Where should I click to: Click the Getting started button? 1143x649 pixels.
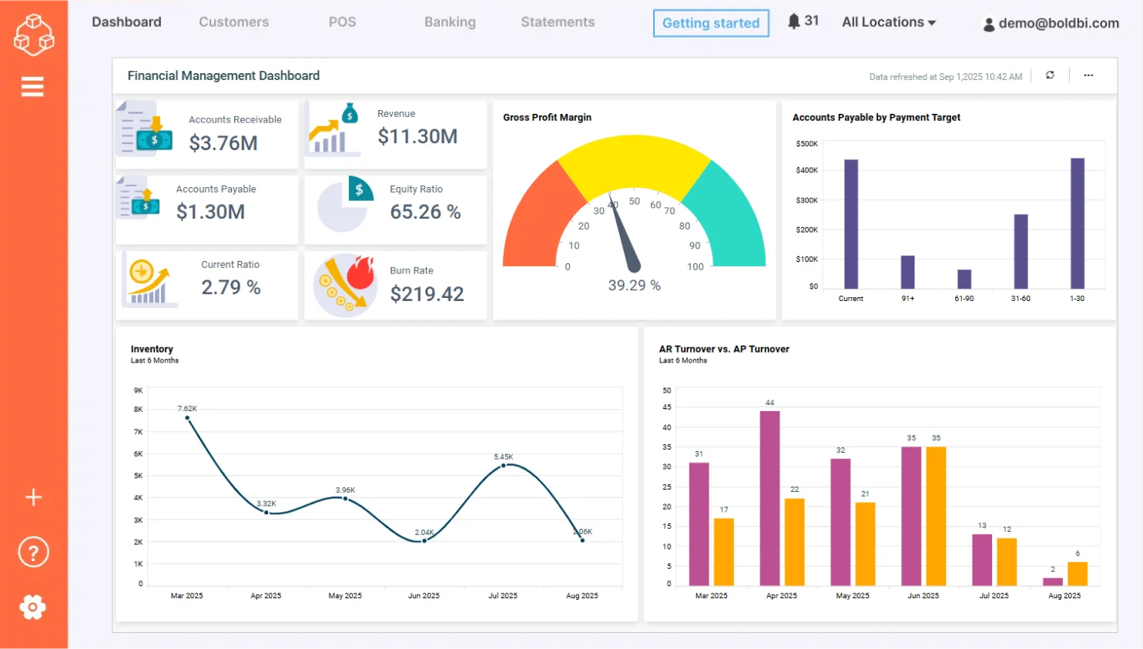coord(710,23)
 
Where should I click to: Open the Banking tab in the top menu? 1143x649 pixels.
coord(450,22)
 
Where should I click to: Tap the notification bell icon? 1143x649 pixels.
coord(793,21)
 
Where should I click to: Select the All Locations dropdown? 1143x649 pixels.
coord(888,22)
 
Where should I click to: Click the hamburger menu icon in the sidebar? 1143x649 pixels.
coord(32,87)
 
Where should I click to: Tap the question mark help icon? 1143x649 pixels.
coord(33,552)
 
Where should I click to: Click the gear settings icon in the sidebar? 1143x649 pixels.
coord(32,607)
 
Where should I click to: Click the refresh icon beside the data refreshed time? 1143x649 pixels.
coord(1050,75)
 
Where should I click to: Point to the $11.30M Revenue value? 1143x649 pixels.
coord(417,136)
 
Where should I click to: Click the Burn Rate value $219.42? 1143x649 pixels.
coord(427,294)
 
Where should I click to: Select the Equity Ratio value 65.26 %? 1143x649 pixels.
coord(425,212)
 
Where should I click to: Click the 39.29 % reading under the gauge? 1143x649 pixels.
coord(634,286)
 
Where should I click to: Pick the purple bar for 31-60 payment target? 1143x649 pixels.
coord(1021,251)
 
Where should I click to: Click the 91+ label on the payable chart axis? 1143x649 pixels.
coord(908,299)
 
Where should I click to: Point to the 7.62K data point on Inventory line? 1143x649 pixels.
coord(187,418)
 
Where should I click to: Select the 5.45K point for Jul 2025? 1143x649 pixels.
coord(504,466)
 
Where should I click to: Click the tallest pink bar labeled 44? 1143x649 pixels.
coord(769,497)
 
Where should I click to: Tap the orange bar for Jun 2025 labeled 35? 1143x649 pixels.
coord(936,516)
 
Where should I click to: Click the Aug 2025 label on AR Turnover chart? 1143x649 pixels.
coord(1064,596)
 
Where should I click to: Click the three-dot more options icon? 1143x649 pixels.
coord(1088,75)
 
